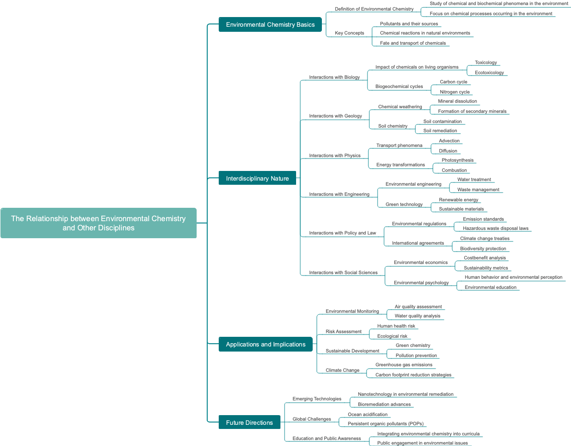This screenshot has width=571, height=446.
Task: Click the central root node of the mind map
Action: [x=99, y=223]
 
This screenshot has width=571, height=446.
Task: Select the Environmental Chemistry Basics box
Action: [x=270, y=24]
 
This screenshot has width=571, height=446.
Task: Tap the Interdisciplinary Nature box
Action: [x=257, y=178]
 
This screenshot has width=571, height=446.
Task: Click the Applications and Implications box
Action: [x=266, y=344]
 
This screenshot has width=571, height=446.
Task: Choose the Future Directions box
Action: [x=249, y=423]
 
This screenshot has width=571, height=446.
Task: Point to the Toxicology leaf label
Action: [x=486, y=63]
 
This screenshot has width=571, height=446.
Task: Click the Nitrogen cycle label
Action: [x=454, y=92]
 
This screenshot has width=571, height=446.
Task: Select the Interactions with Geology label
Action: [x=335, y=116]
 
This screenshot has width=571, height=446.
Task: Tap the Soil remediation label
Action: [x=440, y=131]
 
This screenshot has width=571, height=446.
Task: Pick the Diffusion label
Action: [x=448, y=151]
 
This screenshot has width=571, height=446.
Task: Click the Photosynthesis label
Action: [x=457, y=160]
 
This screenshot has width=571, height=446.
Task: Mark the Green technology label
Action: [x=404, y=205]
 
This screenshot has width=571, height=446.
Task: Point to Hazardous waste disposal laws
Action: [x=495, y=229]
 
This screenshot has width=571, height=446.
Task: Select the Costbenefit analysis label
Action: [x=484, y=258]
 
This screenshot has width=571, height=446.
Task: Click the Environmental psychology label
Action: [x=421, y=283]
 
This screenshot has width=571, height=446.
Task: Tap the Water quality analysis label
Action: [x=417, y=316]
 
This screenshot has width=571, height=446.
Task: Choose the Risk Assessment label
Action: [x=344, y=332]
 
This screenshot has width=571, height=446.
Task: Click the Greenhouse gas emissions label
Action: [x=404, y=365]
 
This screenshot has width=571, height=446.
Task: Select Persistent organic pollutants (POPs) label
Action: [x=385, y=424]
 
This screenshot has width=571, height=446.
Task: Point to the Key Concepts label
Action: [x=349, y=33]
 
